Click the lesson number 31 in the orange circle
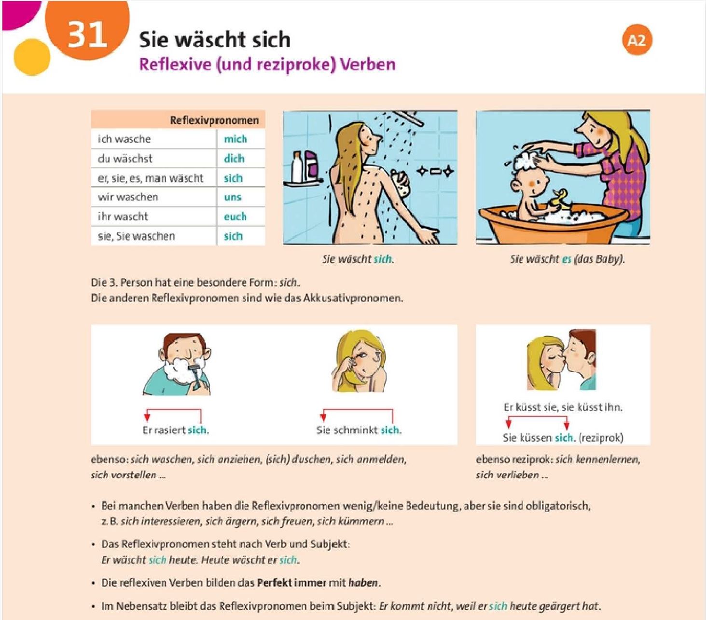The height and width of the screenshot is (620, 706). (x=87, y=35)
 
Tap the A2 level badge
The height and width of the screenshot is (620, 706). (x=637, y=40)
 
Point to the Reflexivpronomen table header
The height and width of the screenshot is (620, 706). (x=214, y=121)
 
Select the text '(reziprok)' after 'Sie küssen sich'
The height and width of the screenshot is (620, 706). (x=601, y=438)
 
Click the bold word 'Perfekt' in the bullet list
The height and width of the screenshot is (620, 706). (x=274, y=582)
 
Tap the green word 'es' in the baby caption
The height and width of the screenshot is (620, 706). (x=566, y=259)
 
